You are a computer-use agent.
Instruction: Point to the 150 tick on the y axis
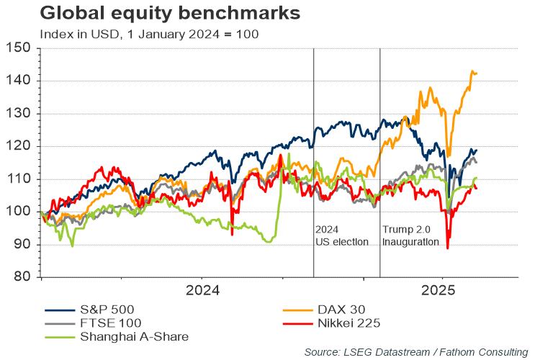tap(20, 48)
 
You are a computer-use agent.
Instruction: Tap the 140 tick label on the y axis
tap(20, 81)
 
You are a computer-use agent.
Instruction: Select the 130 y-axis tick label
tap(20, 114)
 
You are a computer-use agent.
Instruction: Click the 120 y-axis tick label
tap(20, 146)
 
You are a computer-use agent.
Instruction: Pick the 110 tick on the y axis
tap(20, 179)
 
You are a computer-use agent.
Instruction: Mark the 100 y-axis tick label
tap(20, 212)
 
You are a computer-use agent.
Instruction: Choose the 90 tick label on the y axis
tap(23, 245)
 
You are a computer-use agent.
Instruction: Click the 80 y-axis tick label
tap(23, 277)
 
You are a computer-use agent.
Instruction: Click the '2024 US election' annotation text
tap(342, 235)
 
